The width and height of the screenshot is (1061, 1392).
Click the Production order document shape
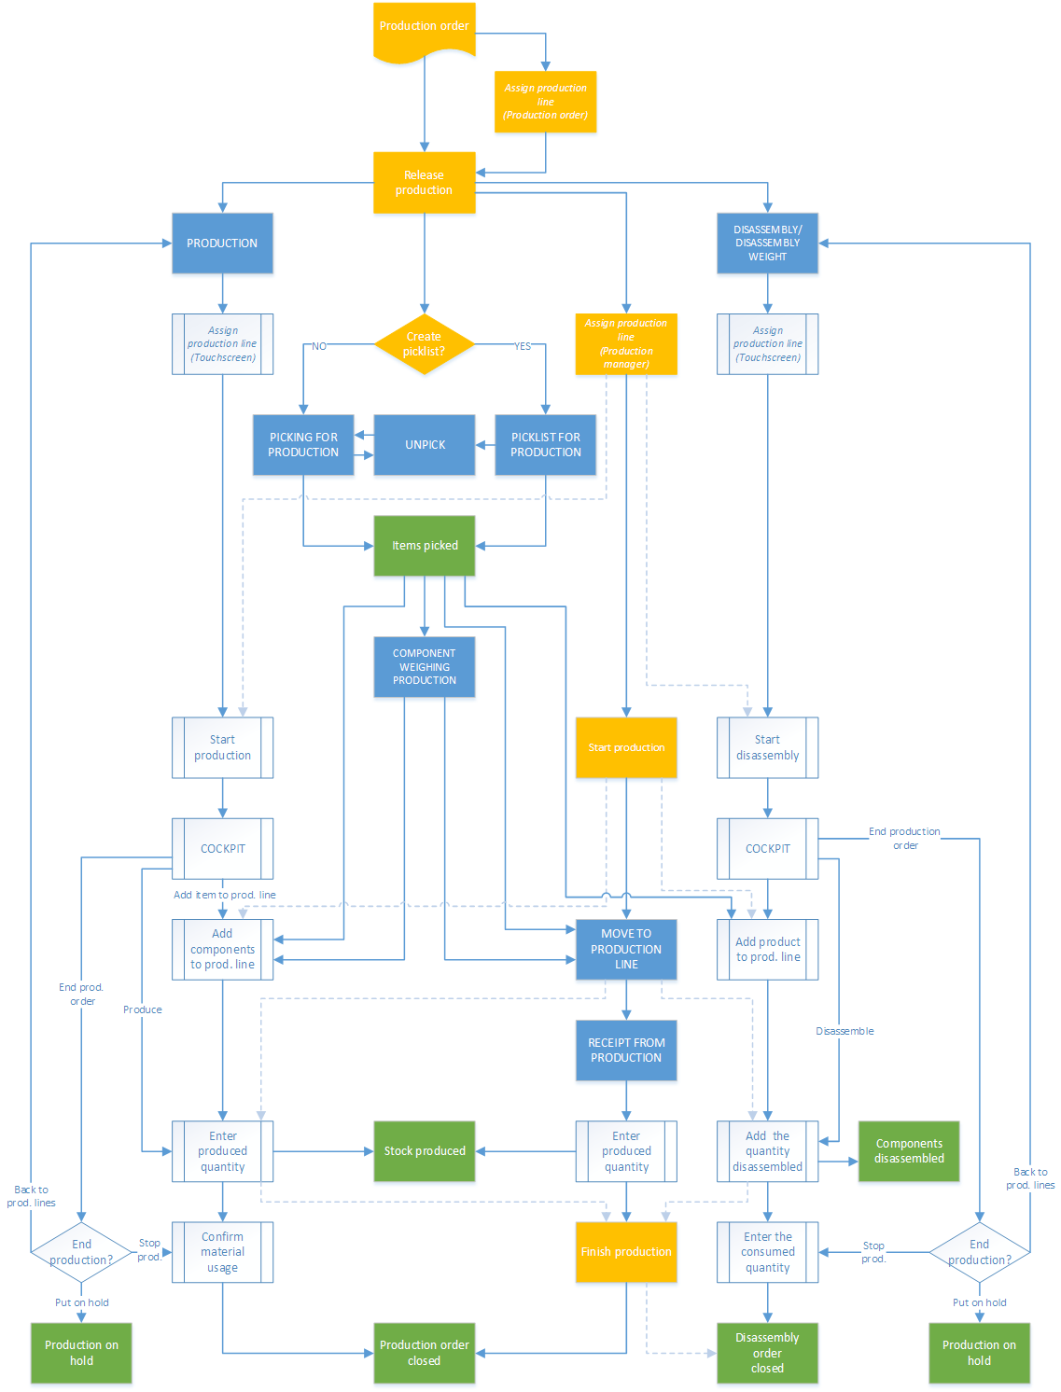click(x=425, y=29)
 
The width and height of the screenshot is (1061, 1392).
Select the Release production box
click(x=425, y=183)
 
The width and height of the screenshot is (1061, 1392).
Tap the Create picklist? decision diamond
click(x=425, y=344)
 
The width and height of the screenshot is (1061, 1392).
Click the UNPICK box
click(x=425, y=445)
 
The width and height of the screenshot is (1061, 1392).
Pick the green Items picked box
click(x=425, y=546)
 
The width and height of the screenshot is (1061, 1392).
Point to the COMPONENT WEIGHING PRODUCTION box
click(x=425, y=667)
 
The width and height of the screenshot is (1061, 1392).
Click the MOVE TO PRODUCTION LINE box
click(x=626, y=949)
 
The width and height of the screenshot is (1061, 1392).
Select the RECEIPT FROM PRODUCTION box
click(x=626, y=1051)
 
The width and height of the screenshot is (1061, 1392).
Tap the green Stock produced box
click(x=425, y=1151)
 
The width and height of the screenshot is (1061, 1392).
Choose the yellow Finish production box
click(x=626, y=1252)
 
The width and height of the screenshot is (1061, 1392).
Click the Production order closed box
click(x=425, y=1353)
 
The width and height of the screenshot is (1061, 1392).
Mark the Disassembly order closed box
click(x=767, y=1353)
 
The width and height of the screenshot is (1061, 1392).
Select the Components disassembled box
click(x=909, y=1151)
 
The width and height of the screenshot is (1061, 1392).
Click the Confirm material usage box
click(x=223, y=1252)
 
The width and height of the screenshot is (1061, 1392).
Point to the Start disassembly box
click(x=767, y=747)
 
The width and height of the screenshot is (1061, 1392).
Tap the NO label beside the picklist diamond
click(x=319, y=346)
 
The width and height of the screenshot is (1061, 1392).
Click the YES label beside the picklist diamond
click(x=523, y=346)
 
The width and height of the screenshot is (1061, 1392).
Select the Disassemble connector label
click(x=845, y=1031)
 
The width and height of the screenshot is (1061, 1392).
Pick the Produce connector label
click(x=143, y=1009)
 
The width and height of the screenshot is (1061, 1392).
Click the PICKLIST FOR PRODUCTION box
click(x=546, y=445)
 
